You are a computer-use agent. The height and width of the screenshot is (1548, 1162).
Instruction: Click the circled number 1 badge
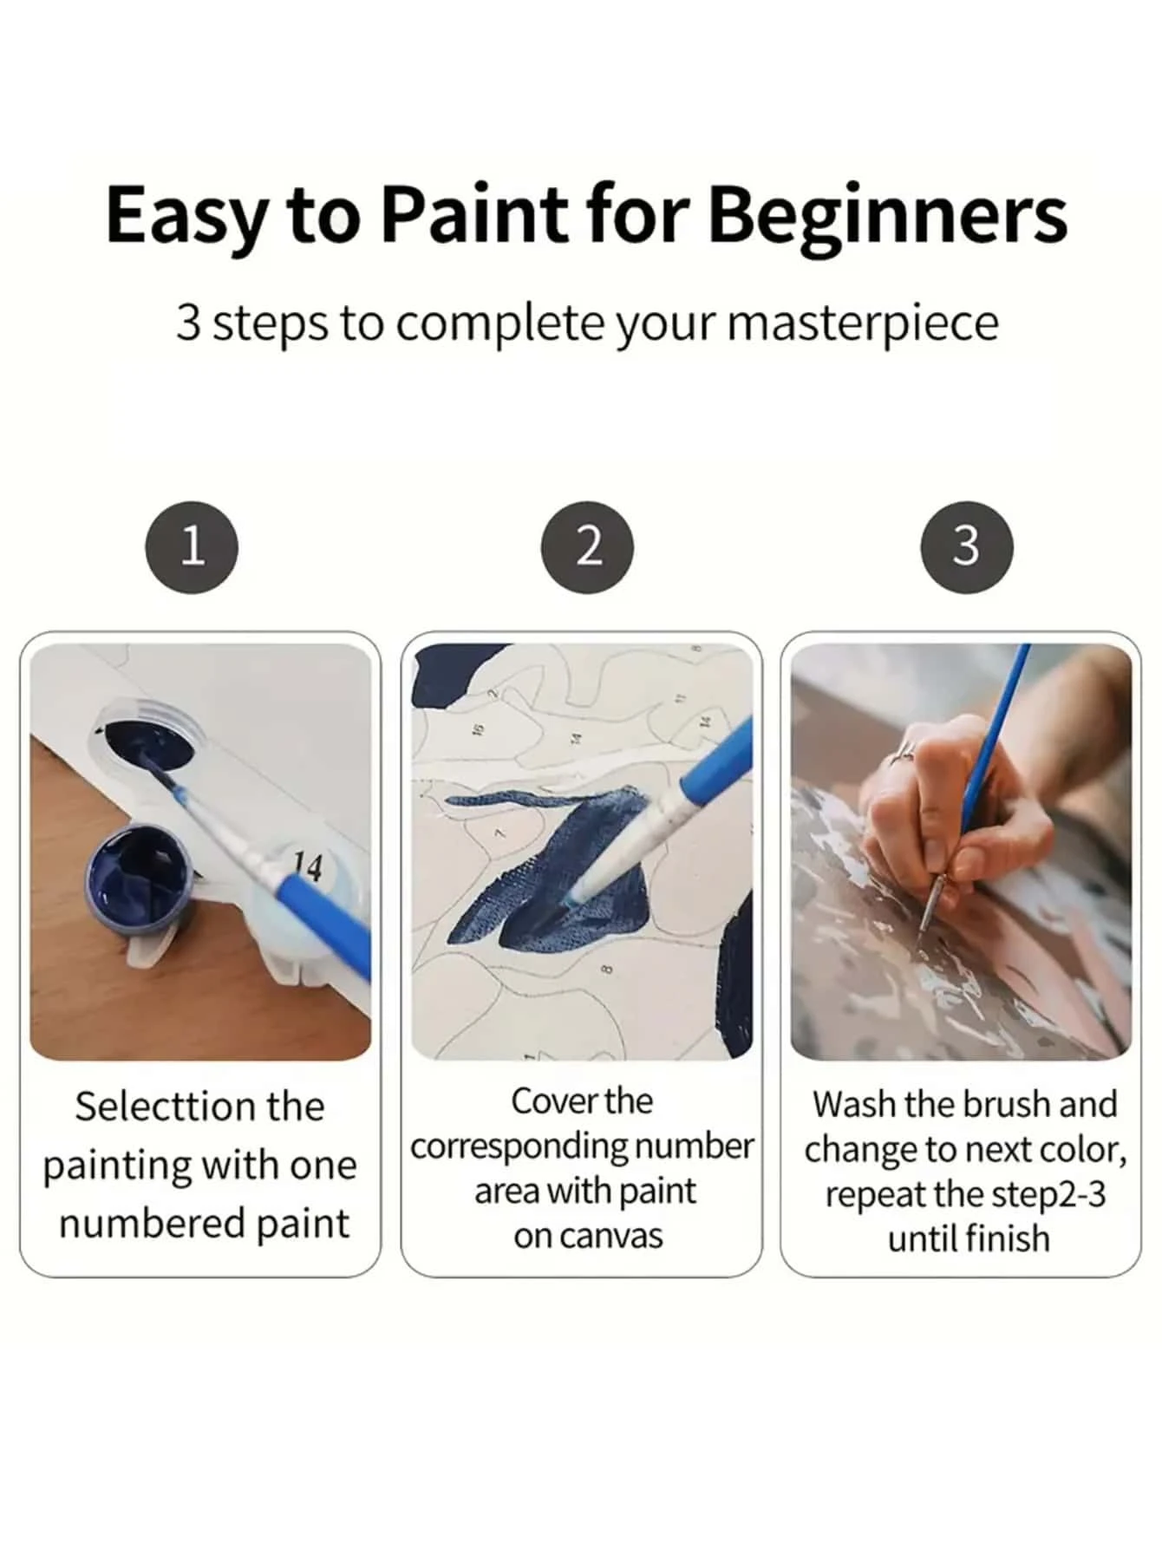(x=192, y=547)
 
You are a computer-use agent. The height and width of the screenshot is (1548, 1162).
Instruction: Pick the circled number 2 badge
(x=587, y=547)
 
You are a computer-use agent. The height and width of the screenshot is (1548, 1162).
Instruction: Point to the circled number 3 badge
(x=966, y=547)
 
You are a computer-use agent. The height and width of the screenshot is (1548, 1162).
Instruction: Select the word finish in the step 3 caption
(x=1007, y=1238)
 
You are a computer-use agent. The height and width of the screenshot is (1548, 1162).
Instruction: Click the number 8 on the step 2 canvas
(x=606, y=969)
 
